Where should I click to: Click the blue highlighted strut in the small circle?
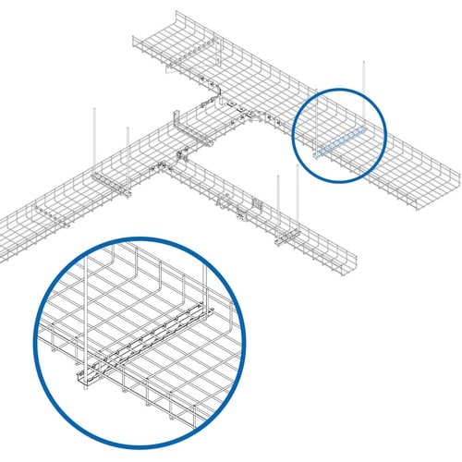coord(340,143)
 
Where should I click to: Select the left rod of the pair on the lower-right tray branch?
coord(277,203)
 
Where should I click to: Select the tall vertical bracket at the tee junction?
coord(175,129)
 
